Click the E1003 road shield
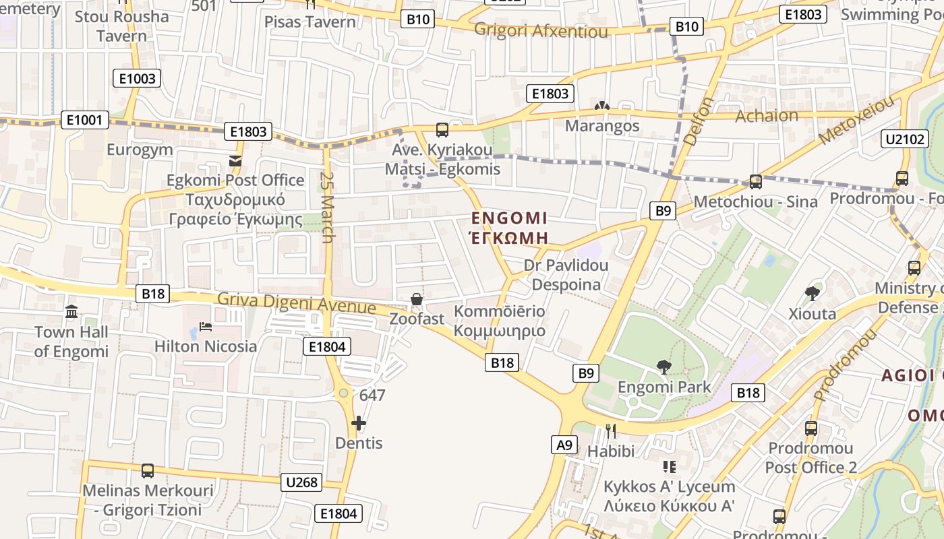[137, 79]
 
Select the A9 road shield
[564, 445]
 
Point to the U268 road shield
[301, 482]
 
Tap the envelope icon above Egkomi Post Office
[235, 160]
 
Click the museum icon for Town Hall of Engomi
[71, 312]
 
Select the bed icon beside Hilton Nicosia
[206, 327]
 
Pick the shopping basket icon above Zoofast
[417, 298]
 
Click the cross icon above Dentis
[359, 423]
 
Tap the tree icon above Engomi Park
[664, 367]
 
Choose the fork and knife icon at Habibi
[611, 431]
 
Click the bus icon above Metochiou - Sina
[755, 181]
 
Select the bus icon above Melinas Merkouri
[148, 470]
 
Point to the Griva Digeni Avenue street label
[296, 303]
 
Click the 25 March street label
[328, 207]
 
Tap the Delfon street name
[699, 121]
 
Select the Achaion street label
[767, 116]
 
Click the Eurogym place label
[140, 150]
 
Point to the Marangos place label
[602, 126]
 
